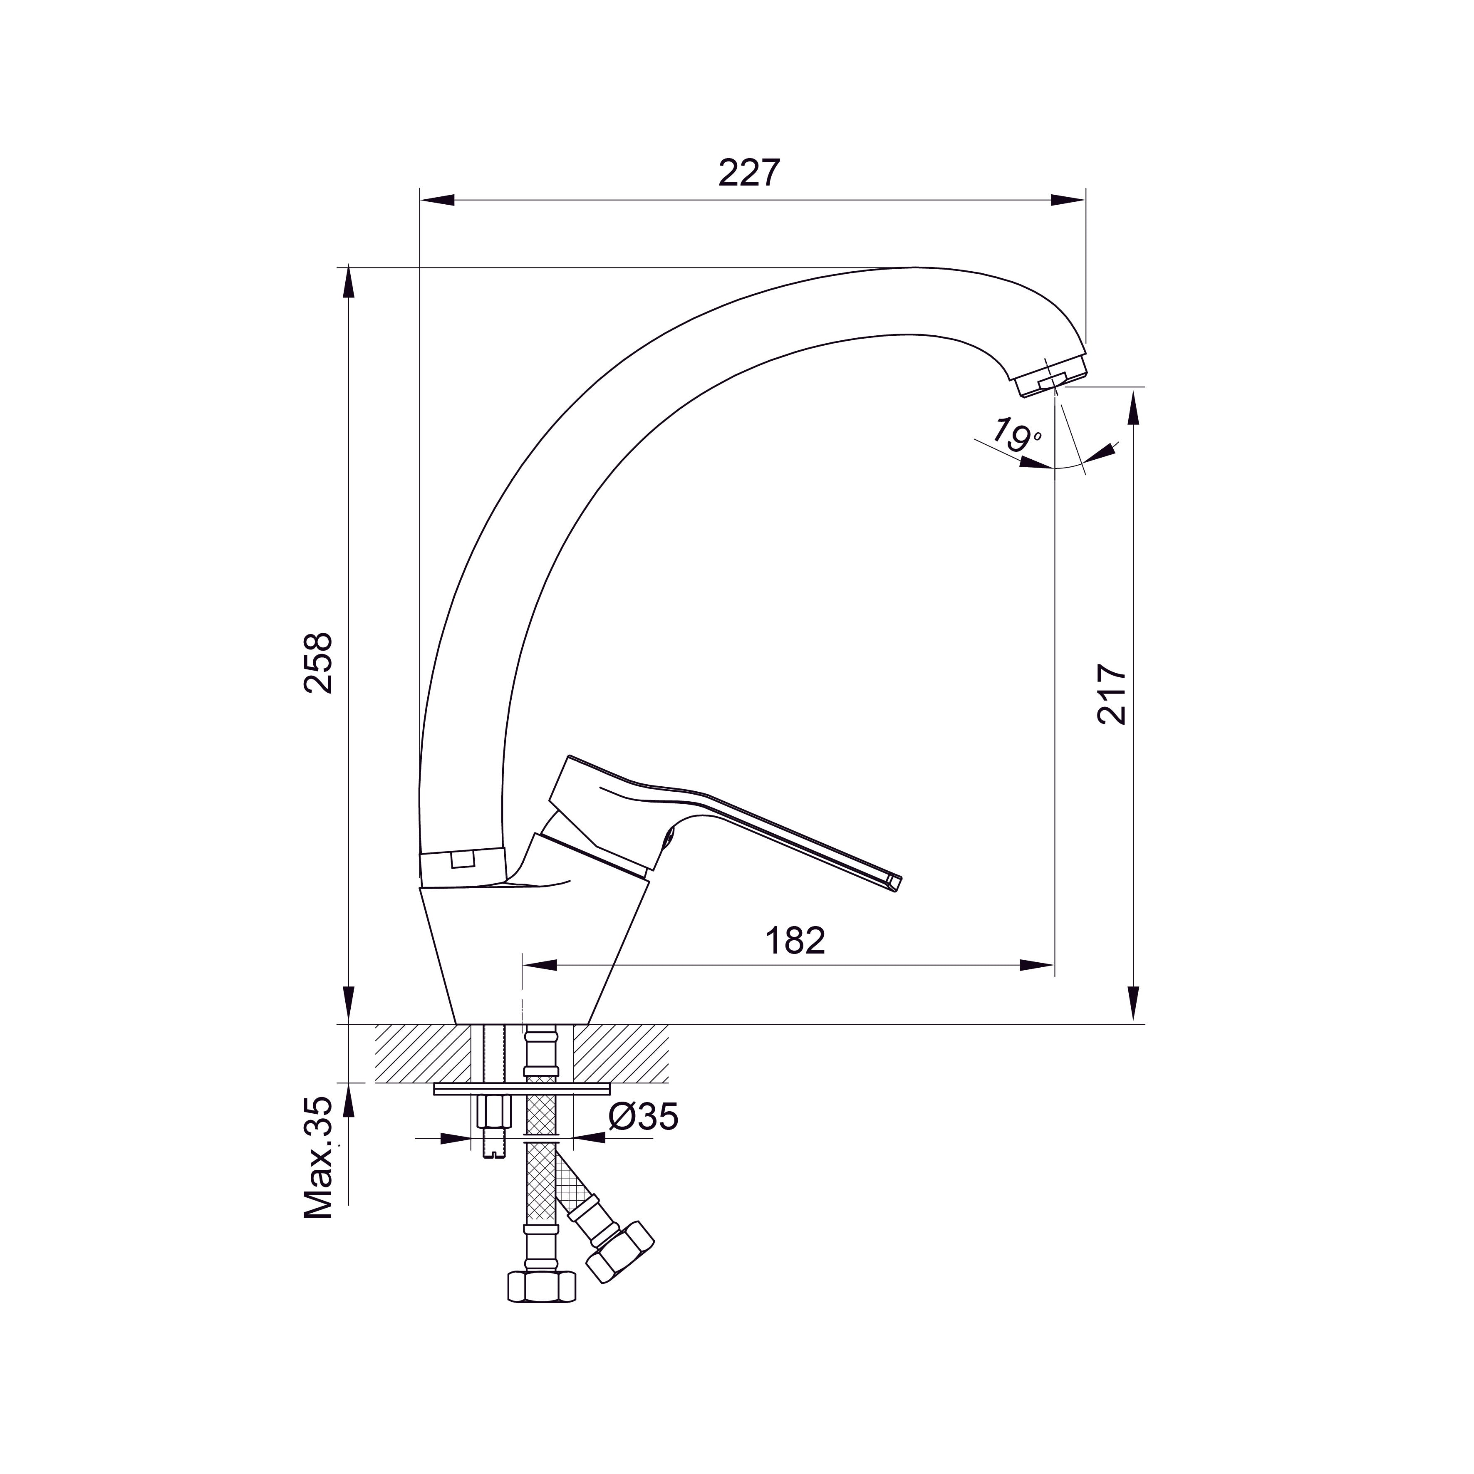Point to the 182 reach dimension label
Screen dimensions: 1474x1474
coord(795,941)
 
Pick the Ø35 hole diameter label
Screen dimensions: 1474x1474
coord(643,1117)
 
